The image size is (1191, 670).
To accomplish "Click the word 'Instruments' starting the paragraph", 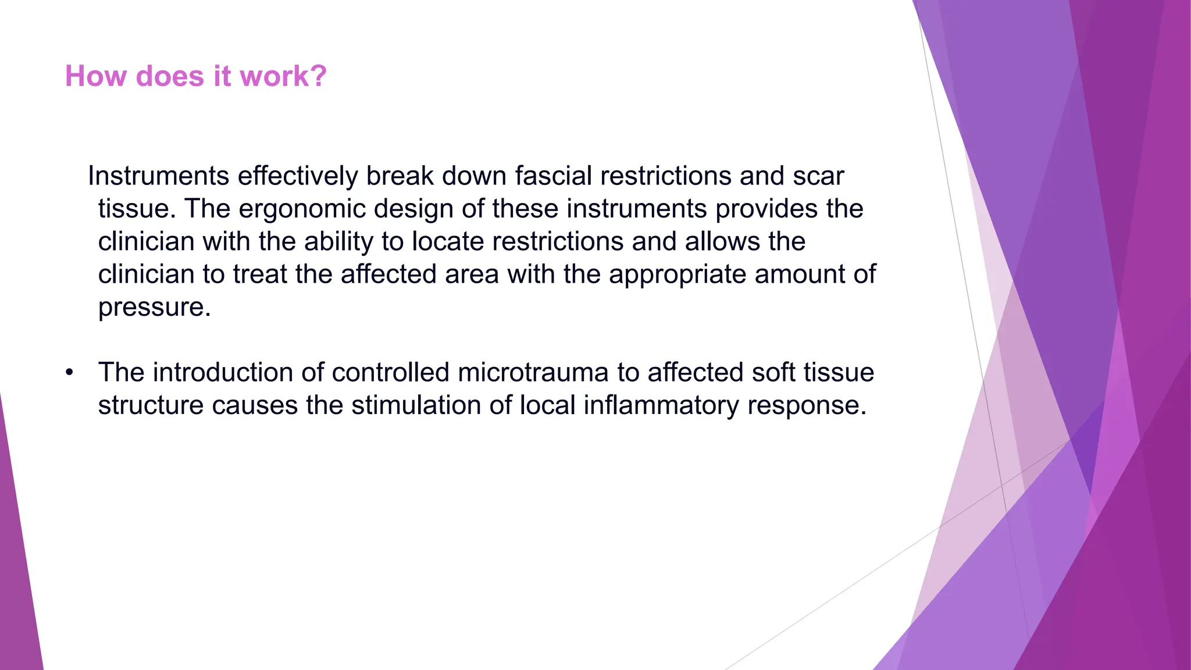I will [158, 176].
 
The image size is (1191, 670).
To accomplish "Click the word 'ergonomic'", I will [302, 209].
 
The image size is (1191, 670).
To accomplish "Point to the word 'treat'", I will [260, 274].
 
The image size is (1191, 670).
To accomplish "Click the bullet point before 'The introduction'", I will [70, 373].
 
